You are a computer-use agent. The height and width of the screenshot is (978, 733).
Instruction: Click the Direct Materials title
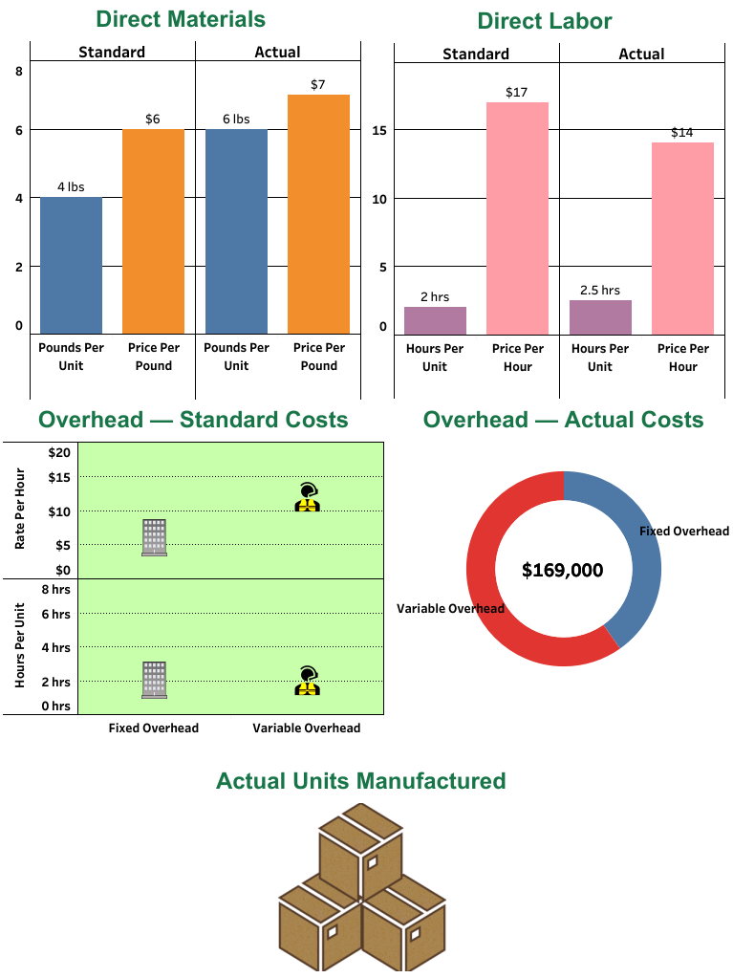[181, 19]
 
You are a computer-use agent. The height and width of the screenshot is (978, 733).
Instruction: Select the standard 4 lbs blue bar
[71, 265]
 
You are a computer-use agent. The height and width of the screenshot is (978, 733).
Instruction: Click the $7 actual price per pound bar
[318, 213]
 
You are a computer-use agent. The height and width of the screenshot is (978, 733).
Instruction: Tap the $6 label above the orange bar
[153, 119]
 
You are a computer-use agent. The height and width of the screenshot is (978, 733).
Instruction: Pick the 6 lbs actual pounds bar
[236, 230]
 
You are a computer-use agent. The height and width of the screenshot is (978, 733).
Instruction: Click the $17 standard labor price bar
[517, 217]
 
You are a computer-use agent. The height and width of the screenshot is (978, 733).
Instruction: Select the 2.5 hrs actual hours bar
[600, 316]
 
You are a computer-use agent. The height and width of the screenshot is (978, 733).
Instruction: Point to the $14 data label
[681, 132]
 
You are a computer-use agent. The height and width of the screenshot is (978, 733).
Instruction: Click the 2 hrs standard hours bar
[435, 319]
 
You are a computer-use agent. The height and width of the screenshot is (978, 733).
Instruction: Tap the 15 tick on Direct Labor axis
[379, 131]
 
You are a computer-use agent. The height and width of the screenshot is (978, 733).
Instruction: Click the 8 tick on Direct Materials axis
[19, 70]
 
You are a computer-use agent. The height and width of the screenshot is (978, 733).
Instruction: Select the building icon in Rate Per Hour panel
[154, 537]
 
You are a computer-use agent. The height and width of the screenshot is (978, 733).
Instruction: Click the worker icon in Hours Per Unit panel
[307, 680]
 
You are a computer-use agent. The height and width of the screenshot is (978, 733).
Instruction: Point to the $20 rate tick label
[59, 452]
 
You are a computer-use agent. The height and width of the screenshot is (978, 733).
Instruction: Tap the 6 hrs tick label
[55, 615]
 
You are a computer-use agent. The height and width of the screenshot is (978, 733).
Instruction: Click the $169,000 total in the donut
[563, 571]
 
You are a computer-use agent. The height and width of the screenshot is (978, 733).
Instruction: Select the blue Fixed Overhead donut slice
[631, 564]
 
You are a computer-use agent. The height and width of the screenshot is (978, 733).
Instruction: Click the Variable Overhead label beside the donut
[450, 609]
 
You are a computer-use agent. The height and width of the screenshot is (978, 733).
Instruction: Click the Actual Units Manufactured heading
[360, 780]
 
